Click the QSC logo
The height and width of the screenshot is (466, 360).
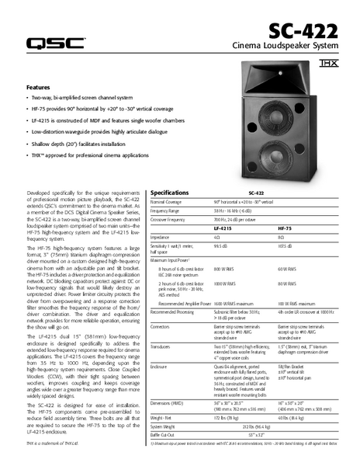coord(56,43)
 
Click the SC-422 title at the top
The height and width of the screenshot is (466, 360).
coord(303,32)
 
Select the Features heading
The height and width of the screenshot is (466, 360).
coord(38,87)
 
